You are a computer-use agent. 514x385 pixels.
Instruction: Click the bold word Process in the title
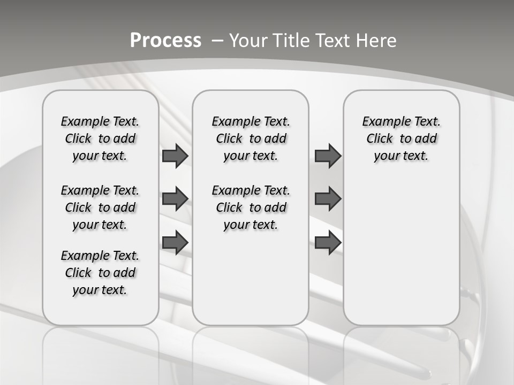coord(165,41)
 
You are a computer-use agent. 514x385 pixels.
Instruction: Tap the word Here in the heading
coord(377,41)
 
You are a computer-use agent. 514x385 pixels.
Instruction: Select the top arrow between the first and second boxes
coord(175,156)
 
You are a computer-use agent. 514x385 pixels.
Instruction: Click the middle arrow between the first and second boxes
coord(175,199)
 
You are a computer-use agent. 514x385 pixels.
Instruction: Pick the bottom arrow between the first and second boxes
coord(175,242)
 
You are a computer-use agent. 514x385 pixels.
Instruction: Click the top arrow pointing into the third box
coord(328,156)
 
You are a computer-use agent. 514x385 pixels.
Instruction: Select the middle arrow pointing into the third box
coord(328,199)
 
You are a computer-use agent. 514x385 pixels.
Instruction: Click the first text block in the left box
coord(100,138)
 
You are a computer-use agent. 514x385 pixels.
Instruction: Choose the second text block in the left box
coord(100,207)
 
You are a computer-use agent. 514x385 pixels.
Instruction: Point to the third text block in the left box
coord(100,273)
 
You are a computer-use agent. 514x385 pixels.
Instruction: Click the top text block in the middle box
coord(251,138)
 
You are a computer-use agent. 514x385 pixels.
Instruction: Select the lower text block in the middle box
coord(251,207)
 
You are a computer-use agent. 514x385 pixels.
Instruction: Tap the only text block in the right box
coord(401,138)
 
